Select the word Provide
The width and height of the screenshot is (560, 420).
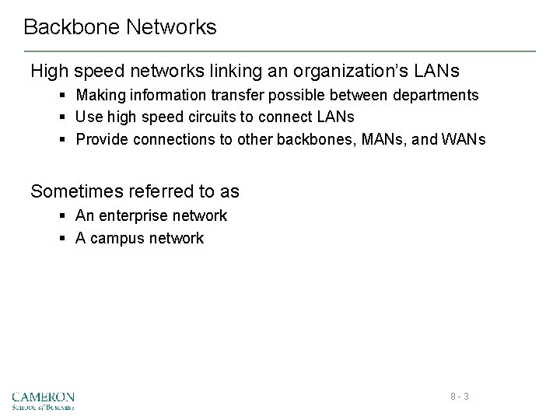click(x=102, y=140)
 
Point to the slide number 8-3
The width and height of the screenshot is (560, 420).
click(x=460, y=397)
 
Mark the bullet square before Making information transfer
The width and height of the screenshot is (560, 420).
click(x=62, y=96)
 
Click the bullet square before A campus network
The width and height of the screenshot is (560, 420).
click(x=62, y=239)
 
